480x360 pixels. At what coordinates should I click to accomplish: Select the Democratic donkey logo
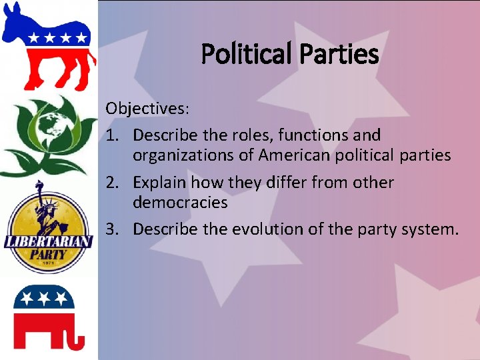click(x=48, y=45)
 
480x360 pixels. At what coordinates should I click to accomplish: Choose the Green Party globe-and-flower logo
click(x=48, y=133)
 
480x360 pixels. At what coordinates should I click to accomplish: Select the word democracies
click(x=180, y=203)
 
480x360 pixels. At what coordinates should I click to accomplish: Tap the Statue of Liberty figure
click(x=45, y=207)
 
